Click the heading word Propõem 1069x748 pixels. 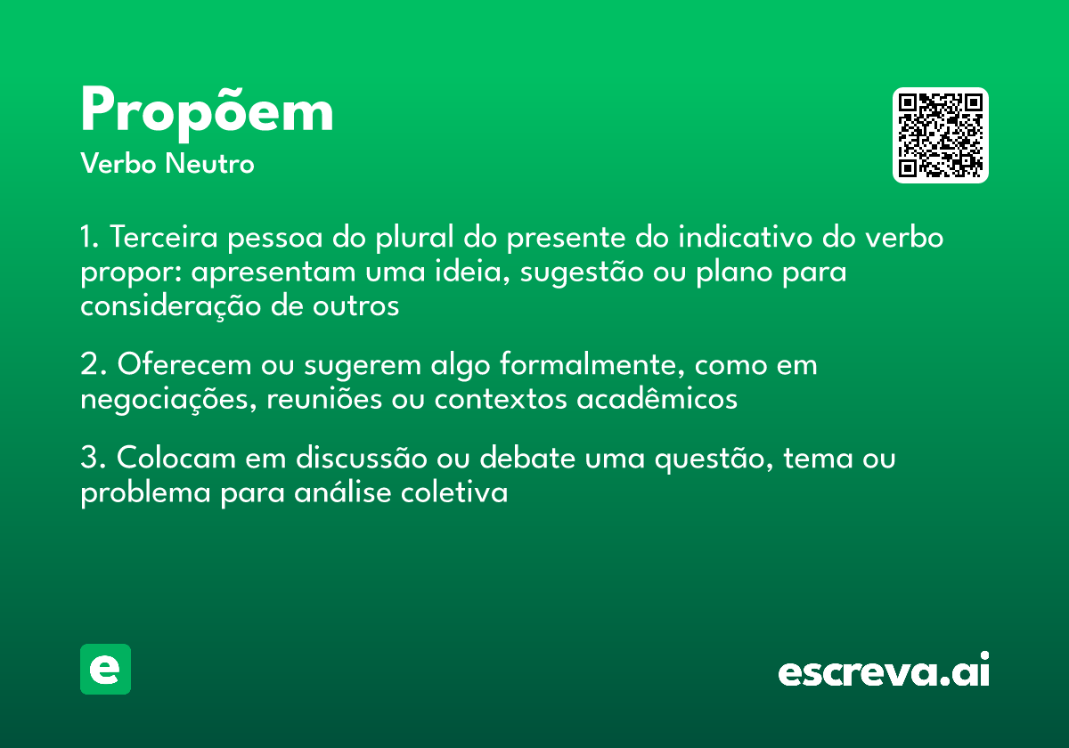pos(207,112)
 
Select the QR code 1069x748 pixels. pos(941,135)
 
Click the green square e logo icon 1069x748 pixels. pos(105,669)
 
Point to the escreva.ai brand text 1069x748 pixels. pos(884,671)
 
